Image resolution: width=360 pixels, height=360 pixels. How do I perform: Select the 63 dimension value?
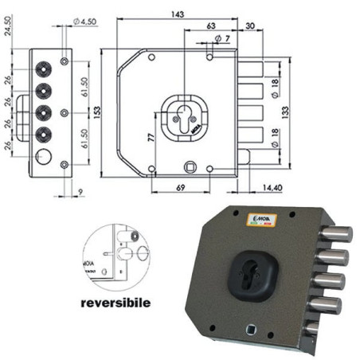click(209, 27)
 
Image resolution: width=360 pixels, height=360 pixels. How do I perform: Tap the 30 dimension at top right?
click(251, 27)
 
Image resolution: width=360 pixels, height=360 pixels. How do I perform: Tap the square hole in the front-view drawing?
click(191, 166)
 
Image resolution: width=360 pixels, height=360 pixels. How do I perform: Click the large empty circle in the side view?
click(44, 155)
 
